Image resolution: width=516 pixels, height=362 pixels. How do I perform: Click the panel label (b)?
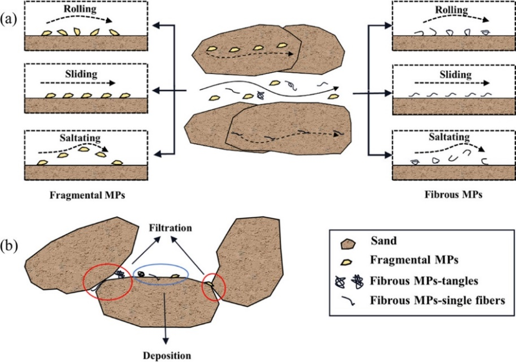point(10,247)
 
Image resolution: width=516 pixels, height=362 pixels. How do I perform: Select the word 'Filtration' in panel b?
point(171,227)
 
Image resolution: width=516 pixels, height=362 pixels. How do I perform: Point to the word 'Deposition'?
point(167,356)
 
